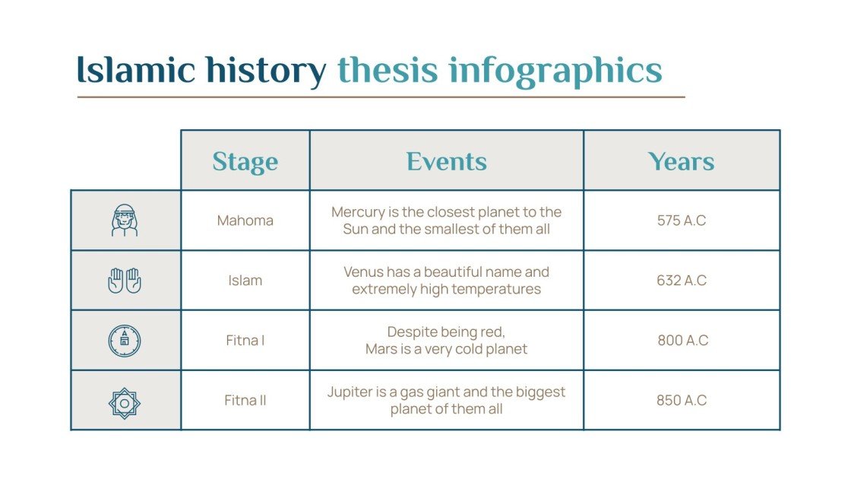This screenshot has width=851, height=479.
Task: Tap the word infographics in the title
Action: (555, 70)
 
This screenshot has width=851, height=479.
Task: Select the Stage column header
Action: (245, 161)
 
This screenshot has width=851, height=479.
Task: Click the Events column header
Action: (446, 161)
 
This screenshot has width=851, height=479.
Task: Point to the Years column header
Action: (681, 161)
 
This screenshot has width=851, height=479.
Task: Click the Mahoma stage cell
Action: (245, 220)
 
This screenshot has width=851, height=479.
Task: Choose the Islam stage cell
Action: (245, 281)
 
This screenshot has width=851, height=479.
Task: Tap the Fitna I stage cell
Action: (245, 341)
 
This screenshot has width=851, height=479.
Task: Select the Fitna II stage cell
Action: (245, 400)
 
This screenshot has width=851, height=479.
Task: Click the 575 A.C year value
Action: (681, 220)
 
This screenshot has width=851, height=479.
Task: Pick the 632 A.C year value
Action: (681, 281)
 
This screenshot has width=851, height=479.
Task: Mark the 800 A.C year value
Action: (682, 341)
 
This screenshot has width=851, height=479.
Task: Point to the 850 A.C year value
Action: (681, 400)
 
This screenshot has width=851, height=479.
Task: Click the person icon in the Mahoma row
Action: (125, 220)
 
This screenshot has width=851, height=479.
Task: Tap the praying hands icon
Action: (125, 281)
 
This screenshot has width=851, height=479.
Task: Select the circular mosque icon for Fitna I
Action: (125, 341)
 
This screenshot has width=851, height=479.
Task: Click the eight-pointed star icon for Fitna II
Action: (125, 402)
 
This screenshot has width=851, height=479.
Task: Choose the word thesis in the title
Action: (388, 70)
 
